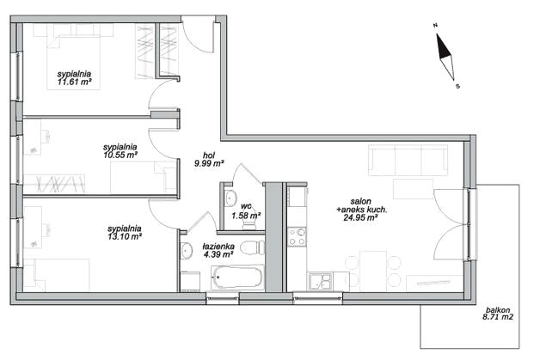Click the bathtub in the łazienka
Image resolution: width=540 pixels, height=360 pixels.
[x=237, y=278]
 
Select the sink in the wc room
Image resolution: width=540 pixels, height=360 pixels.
[x=230, y=198]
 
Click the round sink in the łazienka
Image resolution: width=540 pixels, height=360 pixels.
[x=187, y=250]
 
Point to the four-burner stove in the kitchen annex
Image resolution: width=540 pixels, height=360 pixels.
[x=298, y=237]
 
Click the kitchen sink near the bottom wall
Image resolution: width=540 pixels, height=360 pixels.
[x=320, y=281]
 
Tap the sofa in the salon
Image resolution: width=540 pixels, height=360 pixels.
[x=408, y=160]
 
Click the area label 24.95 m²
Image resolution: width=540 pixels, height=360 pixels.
[x=360, y=217]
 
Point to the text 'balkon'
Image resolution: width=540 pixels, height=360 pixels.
[x=499, y=310]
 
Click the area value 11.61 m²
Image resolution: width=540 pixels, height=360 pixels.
[x=75, y=82]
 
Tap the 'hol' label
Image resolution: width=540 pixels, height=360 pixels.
[x=209, y=156]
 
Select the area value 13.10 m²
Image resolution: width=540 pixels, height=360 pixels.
[x=125, y=236]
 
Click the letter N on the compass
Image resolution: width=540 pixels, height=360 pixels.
[x=435, y=25]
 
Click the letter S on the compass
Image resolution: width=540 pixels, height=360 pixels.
[x=457, y=87]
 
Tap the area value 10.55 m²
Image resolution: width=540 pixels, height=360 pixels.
[x=120, y=155]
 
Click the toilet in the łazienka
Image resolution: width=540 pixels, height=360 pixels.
[x=253, y=247]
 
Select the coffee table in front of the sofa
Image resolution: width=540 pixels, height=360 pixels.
[x=413, y=189]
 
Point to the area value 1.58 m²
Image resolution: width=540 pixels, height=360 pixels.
[x=246, y=216]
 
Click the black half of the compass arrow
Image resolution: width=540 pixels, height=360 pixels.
[x=442, y=46]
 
